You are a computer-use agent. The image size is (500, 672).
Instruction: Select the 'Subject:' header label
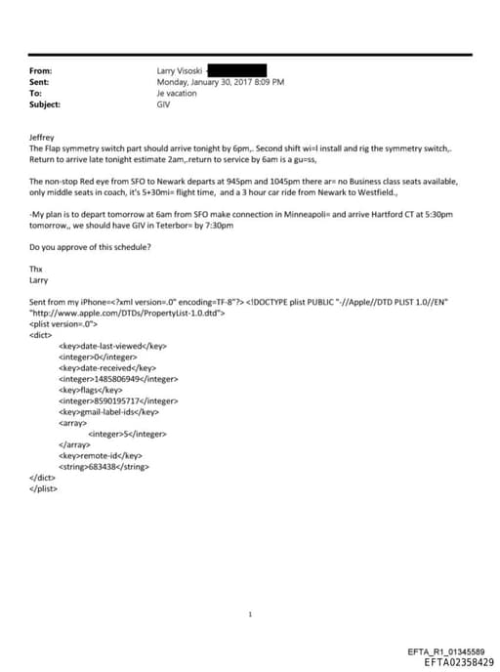(x=45, y=104)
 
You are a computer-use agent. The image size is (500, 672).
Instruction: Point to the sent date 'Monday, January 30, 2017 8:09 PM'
(x=221, y=82)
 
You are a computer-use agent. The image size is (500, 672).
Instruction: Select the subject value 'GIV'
(x=164, y=104)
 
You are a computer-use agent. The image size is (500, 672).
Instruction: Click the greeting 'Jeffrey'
(x=43, y=138)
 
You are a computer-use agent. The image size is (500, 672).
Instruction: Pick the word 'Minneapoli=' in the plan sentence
(x=312, y=216)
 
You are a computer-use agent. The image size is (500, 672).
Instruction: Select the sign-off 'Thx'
(x=36, y=268)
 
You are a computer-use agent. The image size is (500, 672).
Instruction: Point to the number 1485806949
(x=118, y=378)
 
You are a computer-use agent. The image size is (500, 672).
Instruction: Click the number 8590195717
(x=118, y=400)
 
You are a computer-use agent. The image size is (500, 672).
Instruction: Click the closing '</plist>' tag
(x=44, y=488)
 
